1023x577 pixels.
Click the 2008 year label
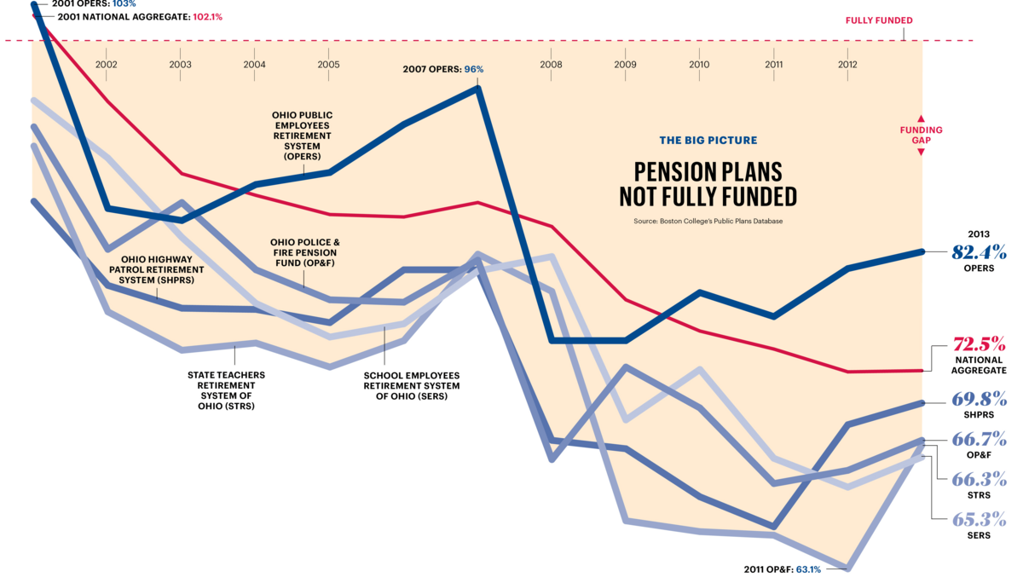551,64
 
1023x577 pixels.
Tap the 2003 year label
180,64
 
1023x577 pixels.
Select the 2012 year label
847,64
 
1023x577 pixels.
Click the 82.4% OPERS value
980,252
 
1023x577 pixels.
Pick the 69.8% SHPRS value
980,399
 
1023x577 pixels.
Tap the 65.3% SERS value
980,519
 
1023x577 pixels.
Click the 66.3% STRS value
980,479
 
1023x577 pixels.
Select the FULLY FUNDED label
879,20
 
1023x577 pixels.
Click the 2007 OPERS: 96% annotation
442,69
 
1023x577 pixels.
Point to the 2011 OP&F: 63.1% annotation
783,568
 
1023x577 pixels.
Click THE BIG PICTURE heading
708,141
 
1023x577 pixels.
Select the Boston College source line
708,221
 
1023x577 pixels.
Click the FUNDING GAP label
921,136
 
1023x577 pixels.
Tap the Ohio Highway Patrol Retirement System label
156,269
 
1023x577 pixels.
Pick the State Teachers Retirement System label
226,390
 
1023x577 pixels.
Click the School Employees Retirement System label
412,385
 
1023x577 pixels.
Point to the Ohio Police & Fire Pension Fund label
303,253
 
